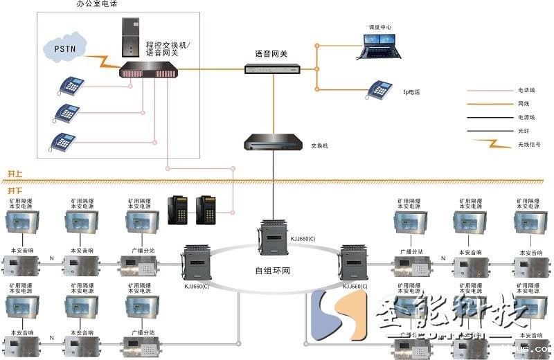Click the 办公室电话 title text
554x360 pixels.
(x=96, y=4)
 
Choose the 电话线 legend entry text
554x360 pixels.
(x=526, y=90)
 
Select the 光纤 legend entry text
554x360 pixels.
(x=524, y=131)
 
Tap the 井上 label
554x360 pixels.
(x=15, y=173)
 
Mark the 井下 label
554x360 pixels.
(x=15, y=190)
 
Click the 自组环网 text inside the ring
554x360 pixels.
(x=273, y=270)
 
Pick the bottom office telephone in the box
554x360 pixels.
(x=63, y=141)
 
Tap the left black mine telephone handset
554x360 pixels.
(x=177, y=209)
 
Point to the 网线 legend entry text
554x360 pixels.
(x=524, y=104)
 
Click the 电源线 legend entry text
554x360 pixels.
(x=526, y=118)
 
